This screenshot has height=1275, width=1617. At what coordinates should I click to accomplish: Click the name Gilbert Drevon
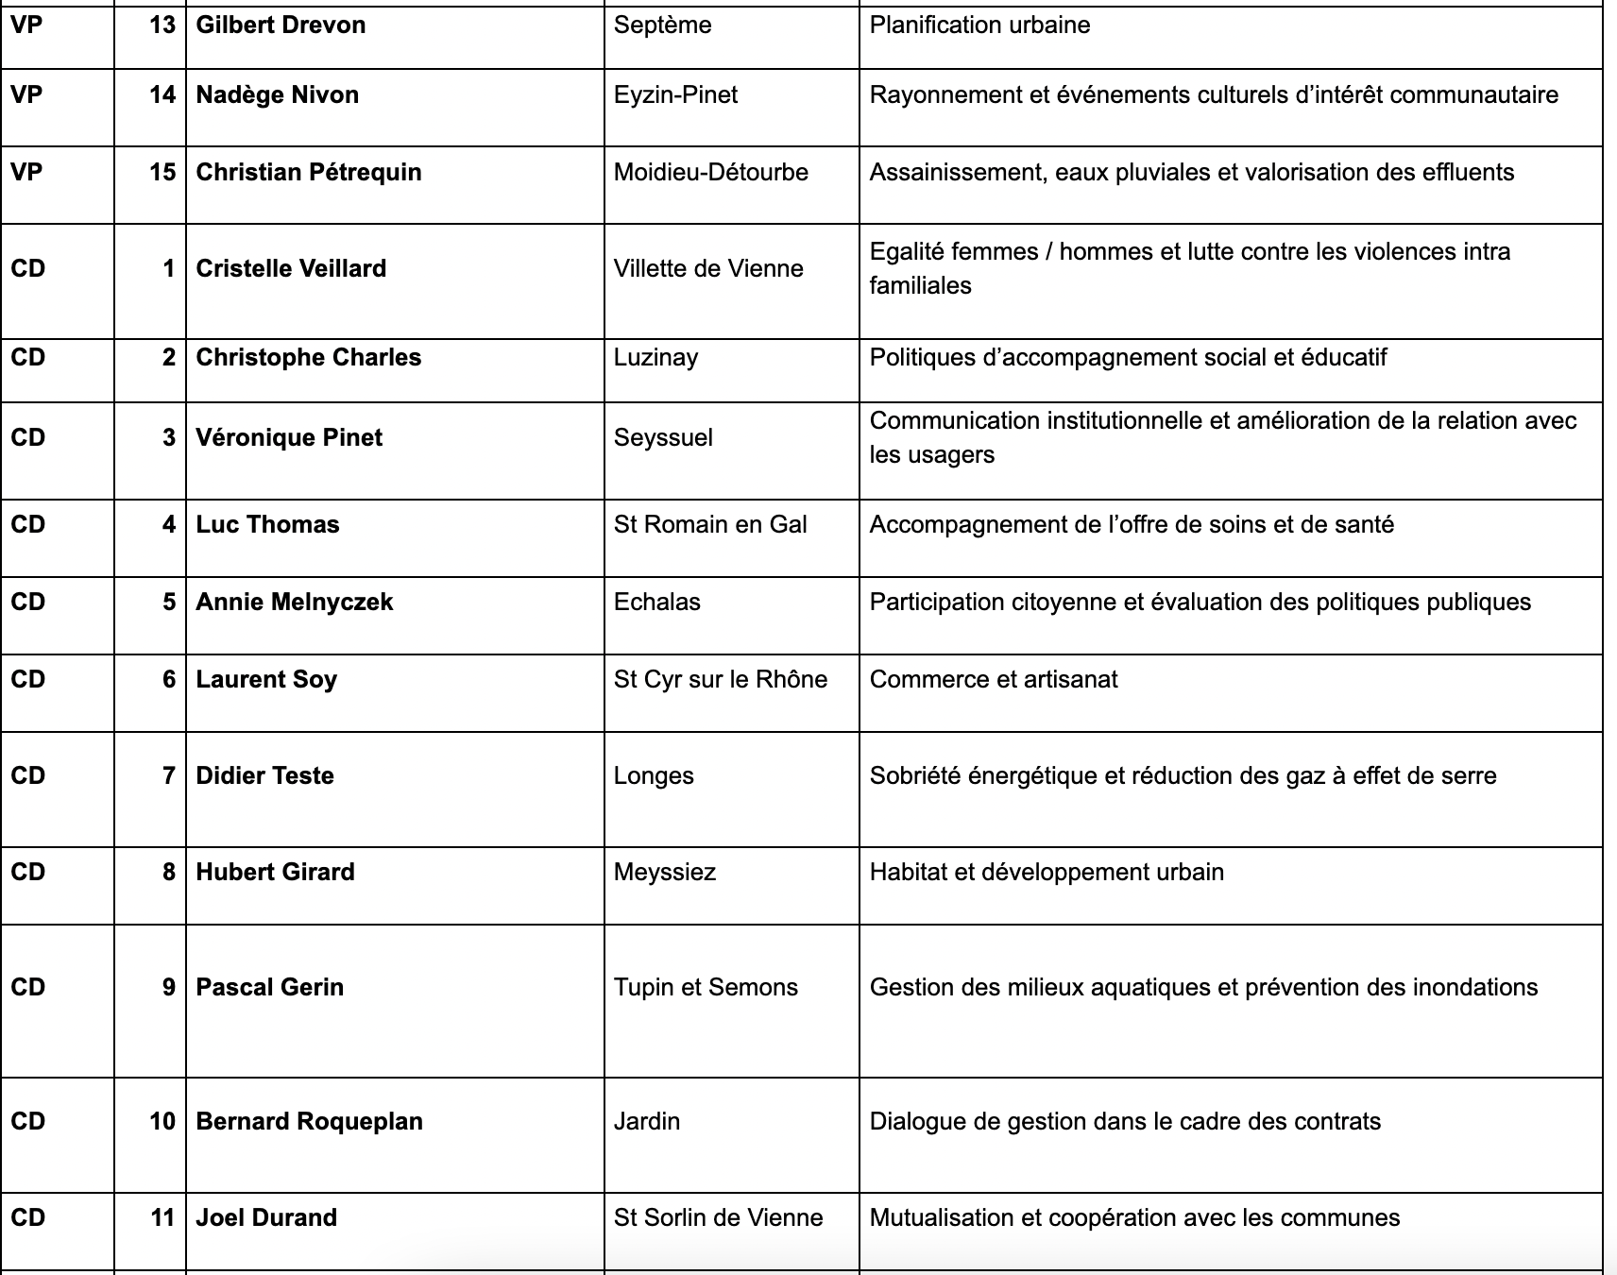click(281, 25)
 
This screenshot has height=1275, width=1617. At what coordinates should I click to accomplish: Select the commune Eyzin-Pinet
click(675, 95)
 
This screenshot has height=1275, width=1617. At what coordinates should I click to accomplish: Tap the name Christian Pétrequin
click(309, 173)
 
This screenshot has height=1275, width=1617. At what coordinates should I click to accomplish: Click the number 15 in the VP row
click(162, 173)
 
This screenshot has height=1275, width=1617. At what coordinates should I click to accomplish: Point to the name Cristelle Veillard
click(291, 269)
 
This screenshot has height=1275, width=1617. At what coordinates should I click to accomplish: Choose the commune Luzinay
click(655, 358)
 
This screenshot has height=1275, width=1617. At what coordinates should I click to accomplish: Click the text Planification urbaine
click(979, 25)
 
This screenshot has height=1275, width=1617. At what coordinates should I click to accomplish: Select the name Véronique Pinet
click(289, 438)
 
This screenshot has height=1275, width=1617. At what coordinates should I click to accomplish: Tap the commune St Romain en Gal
click(710, 525)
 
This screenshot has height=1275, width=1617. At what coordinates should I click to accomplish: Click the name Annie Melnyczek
click(294, 603)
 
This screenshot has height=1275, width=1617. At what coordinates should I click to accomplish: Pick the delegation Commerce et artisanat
click(994, 680)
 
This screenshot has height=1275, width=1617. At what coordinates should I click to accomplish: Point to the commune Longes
click(654, 776)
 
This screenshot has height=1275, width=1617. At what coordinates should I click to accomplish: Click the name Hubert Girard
click(275, 873)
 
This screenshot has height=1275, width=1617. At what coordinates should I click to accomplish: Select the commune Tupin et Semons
click(706, 988)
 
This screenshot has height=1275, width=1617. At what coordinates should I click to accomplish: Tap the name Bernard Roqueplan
click(309, 1122)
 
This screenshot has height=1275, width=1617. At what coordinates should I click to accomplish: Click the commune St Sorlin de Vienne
click(718, 1218)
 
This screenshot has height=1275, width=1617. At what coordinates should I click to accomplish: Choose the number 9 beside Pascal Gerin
click(169, 988)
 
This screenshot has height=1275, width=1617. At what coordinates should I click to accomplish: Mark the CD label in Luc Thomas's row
click(28, 525)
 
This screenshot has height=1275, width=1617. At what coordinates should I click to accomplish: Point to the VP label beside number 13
click(26, 25)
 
